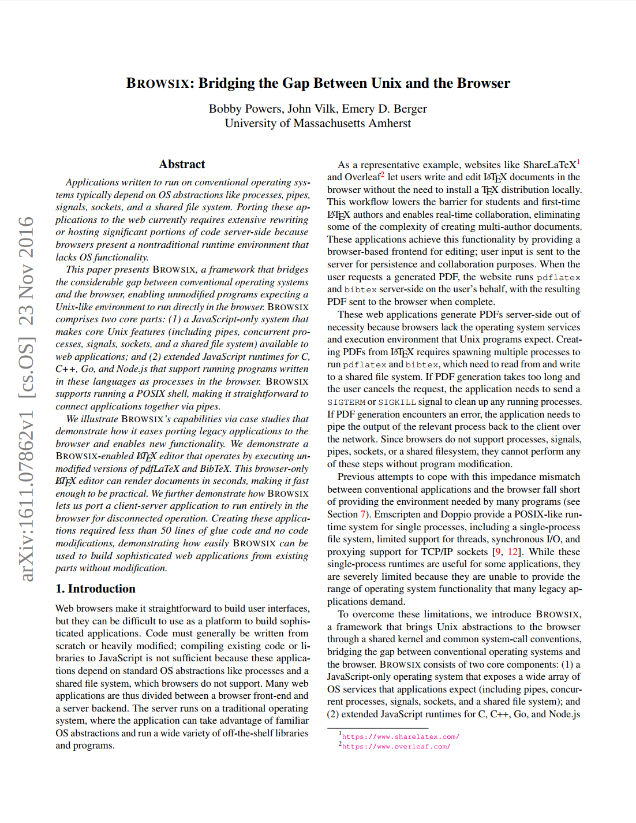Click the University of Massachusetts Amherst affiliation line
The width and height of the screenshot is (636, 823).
point(318,123)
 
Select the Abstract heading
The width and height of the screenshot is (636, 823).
point(182,164)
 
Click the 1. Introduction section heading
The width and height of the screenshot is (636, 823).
point(95,589)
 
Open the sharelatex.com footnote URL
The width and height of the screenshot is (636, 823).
point(401,737)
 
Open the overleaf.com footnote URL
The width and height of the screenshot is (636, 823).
point(396,747)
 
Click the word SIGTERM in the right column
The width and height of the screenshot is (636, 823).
point(346,402)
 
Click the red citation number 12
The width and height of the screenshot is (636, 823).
point(513,552)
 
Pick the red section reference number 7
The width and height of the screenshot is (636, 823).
point(363,514)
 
